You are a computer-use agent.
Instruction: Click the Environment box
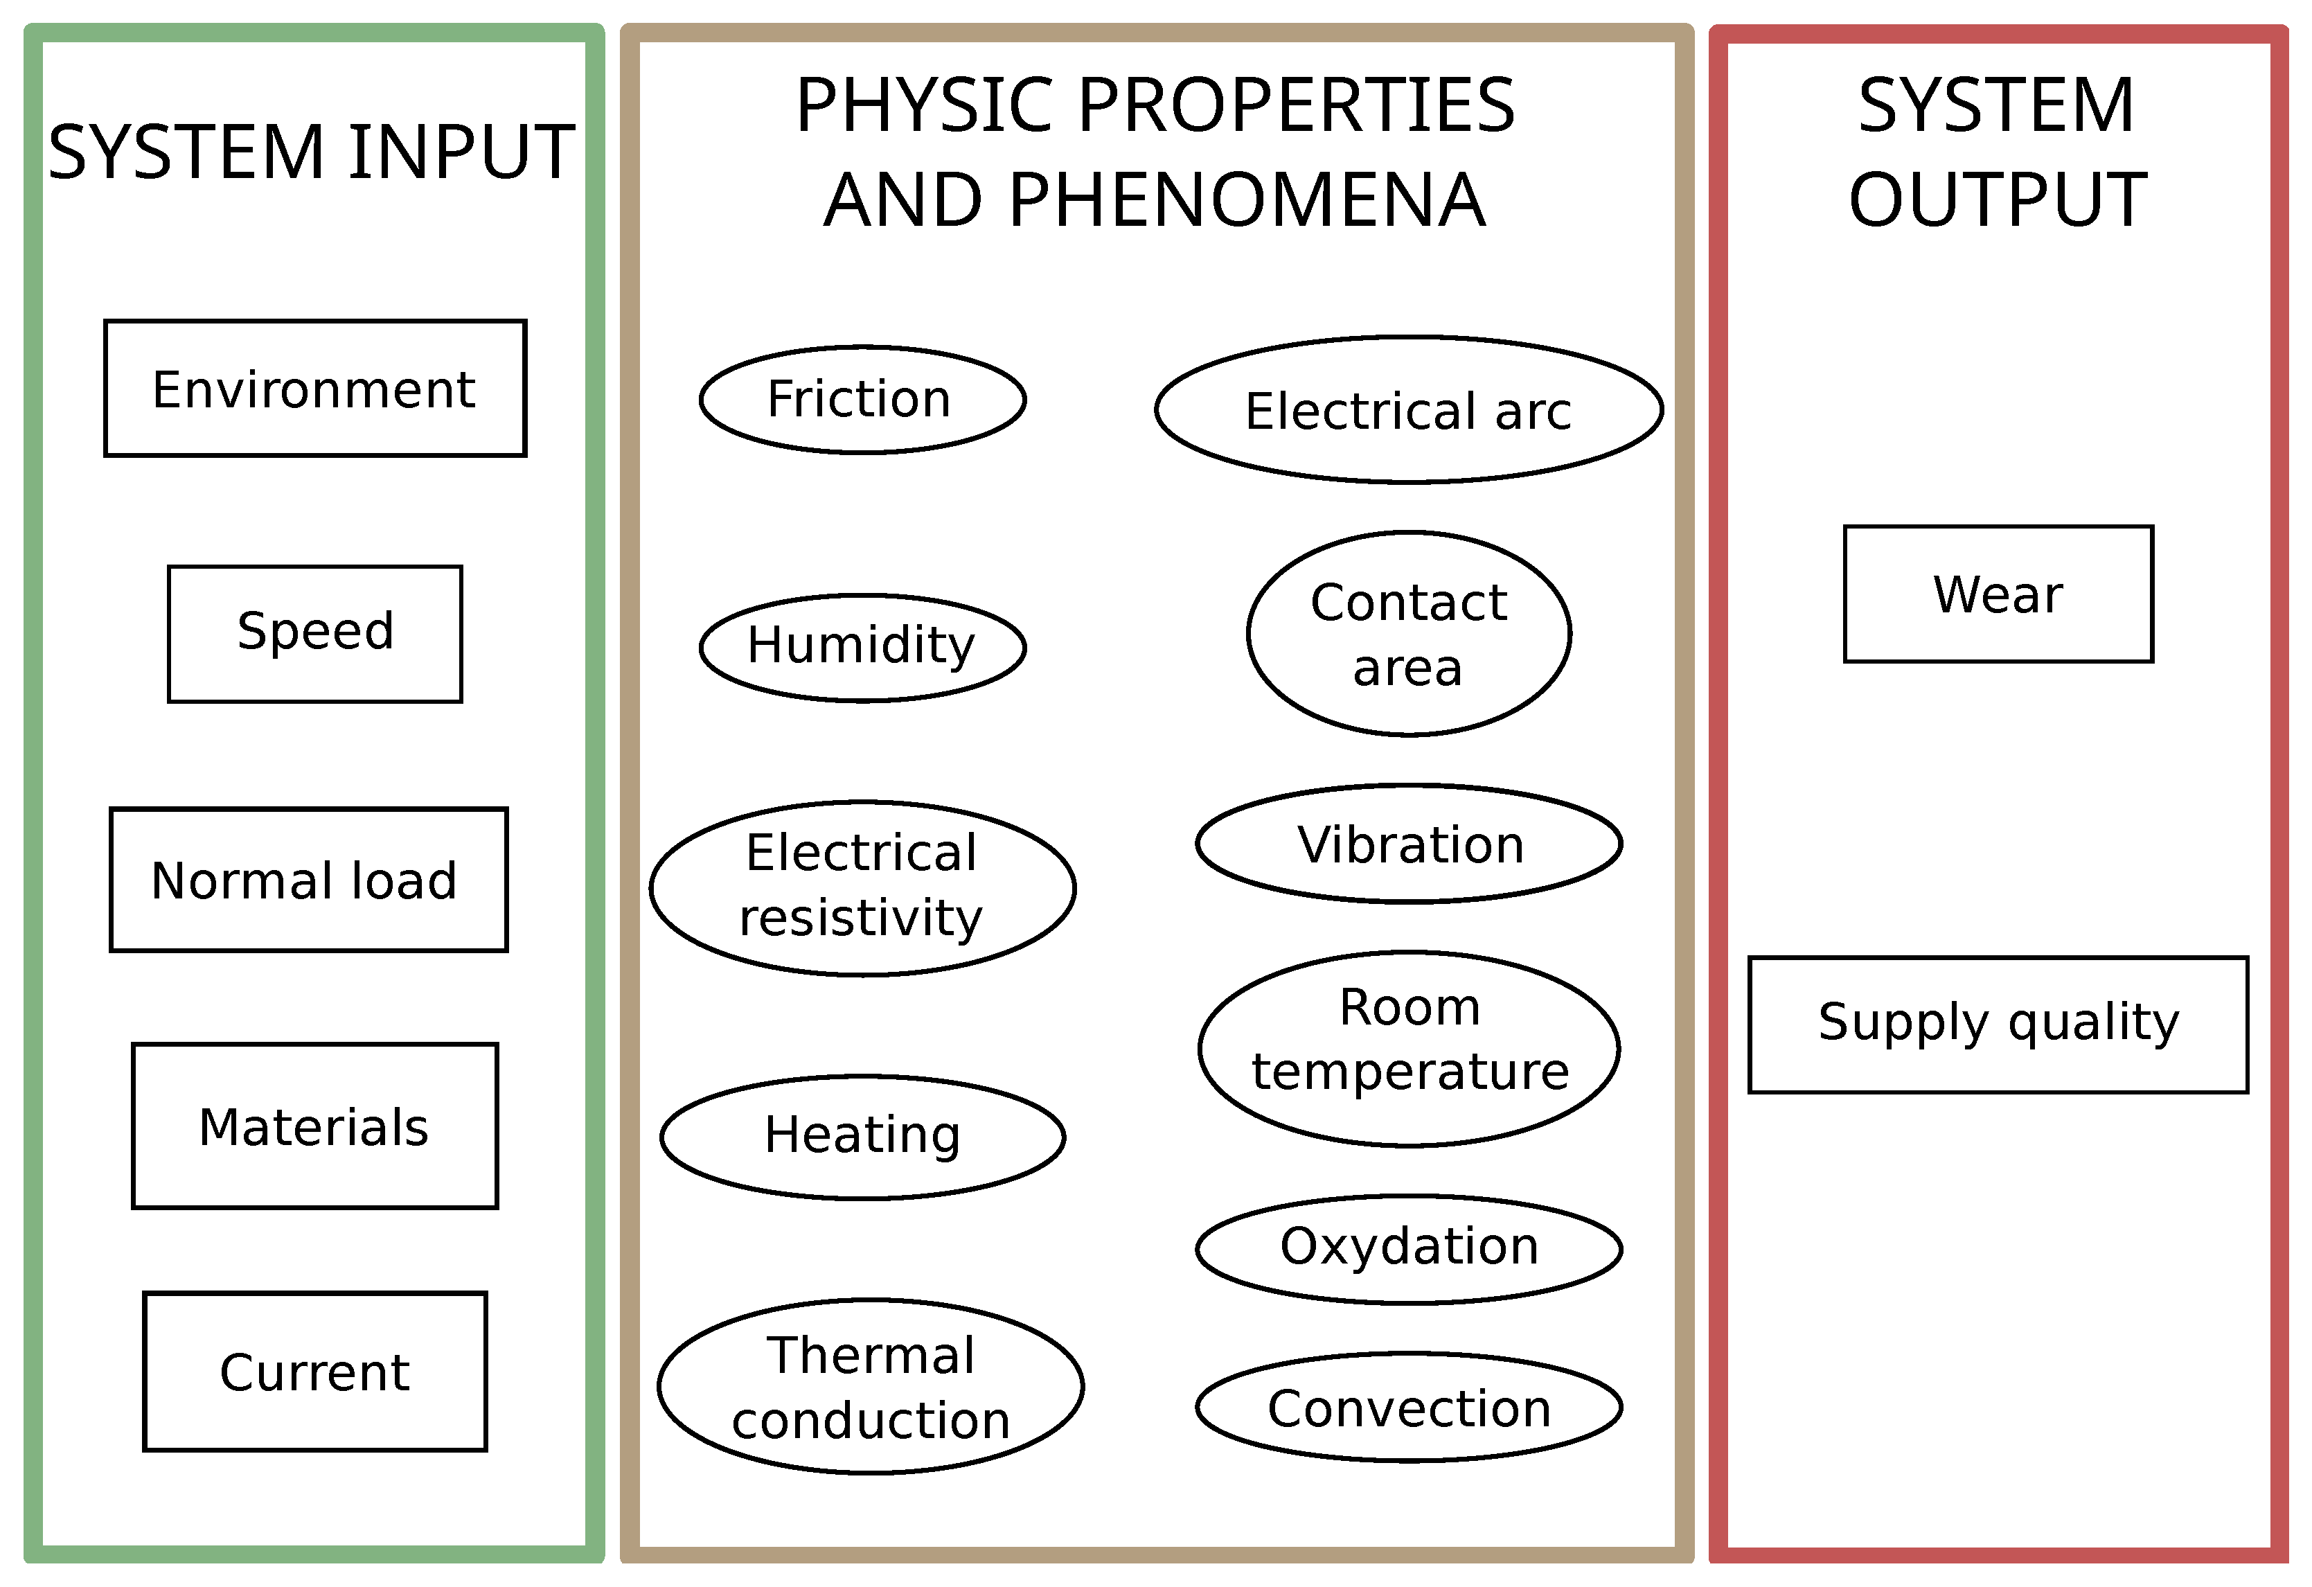(314, 388)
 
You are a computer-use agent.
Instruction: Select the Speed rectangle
(314, 634)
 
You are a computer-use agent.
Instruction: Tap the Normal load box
(308, 880)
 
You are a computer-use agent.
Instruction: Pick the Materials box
(314, 1126)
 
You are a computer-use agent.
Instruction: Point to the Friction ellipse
(862, 399)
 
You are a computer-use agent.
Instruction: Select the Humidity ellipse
(862, 647)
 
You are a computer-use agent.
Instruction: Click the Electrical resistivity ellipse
(862, 887)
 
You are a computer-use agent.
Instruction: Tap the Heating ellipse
(862, 1136)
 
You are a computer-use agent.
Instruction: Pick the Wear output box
(1998, 594)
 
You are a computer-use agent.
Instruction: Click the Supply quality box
(1998, 1025)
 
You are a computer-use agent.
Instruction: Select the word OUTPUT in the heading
(1998, 200)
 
